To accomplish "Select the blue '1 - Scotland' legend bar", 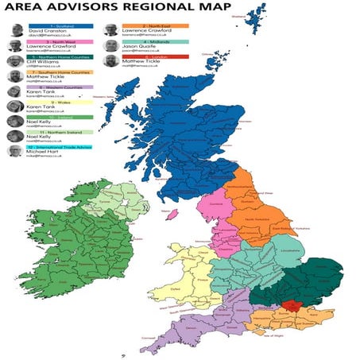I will click(x=60, y=26).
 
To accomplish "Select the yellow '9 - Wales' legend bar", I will click(x=60, y=102).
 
